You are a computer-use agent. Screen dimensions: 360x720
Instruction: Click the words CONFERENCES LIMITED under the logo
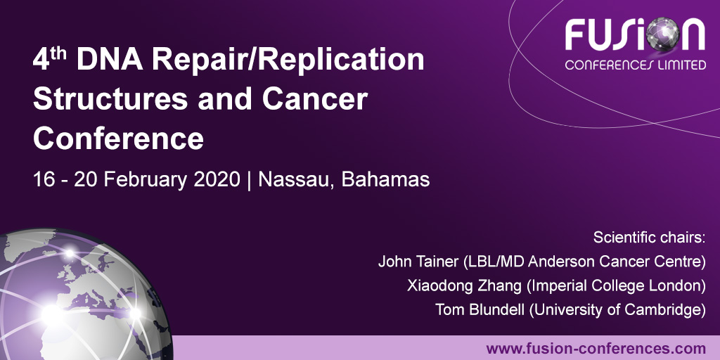pyautogui.click(x=635, y=65)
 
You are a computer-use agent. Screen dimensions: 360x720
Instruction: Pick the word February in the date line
pyautogui.click(x=143, y=179)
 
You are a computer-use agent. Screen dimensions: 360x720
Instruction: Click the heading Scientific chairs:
pyautogui.click(x=648, y=237)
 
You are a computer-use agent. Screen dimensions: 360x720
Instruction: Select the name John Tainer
pyautogui.click(x=414, y=262)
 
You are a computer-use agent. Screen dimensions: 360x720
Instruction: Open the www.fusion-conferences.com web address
pyautogui.click(x=596, y=348)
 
